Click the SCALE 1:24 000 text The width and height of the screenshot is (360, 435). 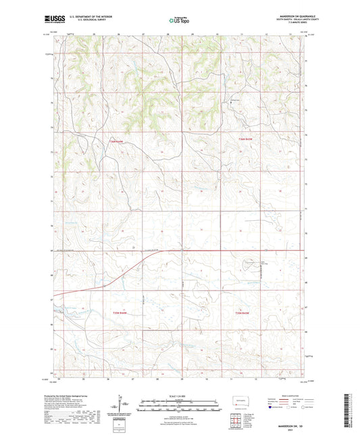click(x=178, y=395)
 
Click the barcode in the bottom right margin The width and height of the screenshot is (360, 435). click(x=351, y=409)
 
